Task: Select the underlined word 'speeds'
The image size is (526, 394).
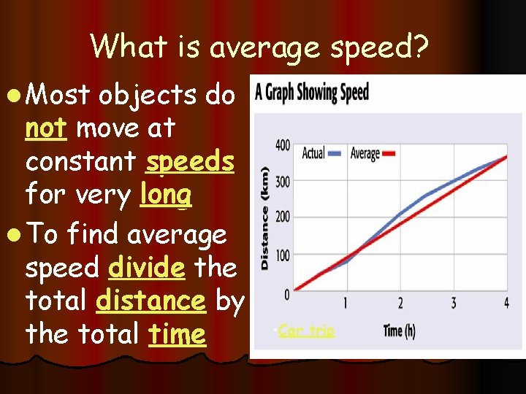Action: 190,162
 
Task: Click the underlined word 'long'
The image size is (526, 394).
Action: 167,196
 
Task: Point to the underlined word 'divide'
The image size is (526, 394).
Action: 146,268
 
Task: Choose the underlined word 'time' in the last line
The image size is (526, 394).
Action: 176,334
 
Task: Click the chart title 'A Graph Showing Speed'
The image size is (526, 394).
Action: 311,93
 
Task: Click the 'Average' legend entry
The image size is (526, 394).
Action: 373,153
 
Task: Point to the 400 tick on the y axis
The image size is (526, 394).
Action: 282,146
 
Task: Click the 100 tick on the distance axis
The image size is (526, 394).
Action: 282,255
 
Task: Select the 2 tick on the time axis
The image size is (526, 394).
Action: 400,304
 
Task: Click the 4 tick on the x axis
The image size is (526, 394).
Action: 507,304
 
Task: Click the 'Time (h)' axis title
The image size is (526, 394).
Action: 399,331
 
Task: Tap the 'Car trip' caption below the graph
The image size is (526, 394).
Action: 305,331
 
